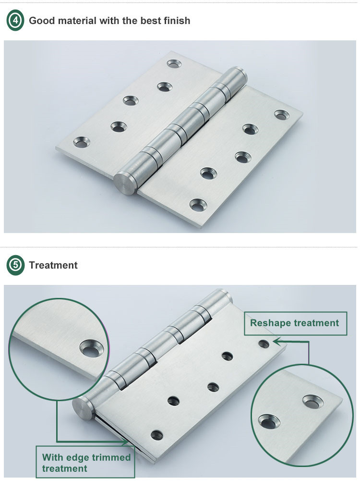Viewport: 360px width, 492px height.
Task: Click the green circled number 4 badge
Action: click(x=15, y=20)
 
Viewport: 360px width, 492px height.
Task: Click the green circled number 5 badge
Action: click(x=15, y=265)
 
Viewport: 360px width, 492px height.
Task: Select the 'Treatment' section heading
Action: click(x=53, y=265)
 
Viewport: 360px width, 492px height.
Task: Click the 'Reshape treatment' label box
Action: click(x=295, y=323)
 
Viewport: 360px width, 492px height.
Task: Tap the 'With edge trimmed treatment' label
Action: click(x=85, y=462)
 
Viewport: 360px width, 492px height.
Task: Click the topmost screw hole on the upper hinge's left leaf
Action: click(x=174, y=64)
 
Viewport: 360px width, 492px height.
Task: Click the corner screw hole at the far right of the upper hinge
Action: click(x=282, y=114)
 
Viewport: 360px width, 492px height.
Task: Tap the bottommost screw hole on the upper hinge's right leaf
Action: click(x=198, y=205)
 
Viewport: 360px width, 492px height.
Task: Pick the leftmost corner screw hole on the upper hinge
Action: click(x=82, y=142)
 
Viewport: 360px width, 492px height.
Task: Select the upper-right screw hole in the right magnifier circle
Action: click(x=313, y=402)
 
